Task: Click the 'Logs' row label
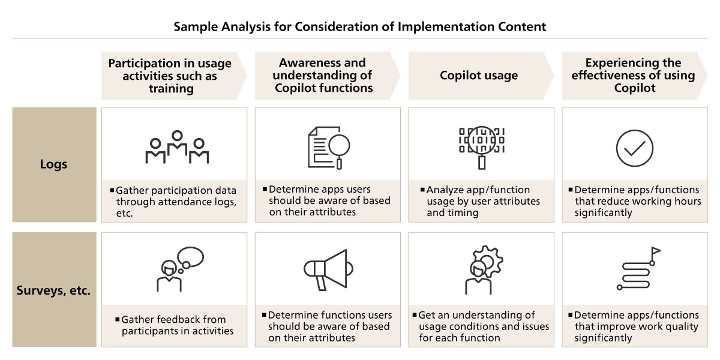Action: tap(53, 164)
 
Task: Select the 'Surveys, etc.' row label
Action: tap(53, 290)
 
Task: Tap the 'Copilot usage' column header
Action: tap(479, 75)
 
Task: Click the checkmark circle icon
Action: tap(635, 148)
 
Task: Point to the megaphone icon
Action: tap(328, 269)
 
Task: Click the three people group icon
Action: tap(177, 147)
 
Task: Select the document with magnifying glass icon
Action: tap(329, 148)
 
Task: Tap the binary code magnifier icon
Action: tap(481, 148)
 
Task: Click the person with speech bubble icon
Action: tap(180, 269)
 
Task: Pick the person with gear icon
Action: tap(484, 270)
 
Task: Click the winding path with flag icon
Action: tap(638, 268)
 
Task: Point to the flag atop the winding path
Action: tap(656, 251)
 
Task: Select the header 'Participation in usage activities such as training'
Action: tap(170, 76)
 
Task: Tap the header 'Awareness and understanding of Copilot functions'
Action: tap(322, 75)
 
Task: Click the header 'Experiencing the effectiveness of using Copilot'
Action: tap(633, 75)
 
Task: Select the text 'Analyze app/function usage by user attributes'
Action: tap(480, 196)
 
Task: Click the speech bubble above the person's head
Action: tap(190, 257)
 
